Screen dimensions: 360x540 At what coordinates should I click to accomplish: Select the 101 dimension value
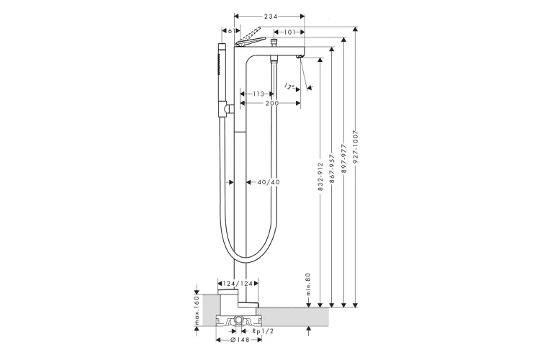[288, 32]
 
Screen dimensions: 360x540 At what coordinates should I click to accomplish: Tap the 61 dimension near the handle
[229, 32]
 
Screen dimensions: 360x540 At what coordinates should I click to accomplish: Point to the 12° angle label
[290, 86]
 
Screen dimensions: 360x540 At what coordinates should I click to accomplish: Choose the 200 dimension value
[271, 104]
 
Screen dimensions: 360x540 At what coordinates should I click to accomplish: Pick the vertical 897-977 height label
[343, 165]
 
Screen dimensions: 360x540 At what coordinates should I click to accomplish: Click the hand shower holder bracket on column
[228, 109]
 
